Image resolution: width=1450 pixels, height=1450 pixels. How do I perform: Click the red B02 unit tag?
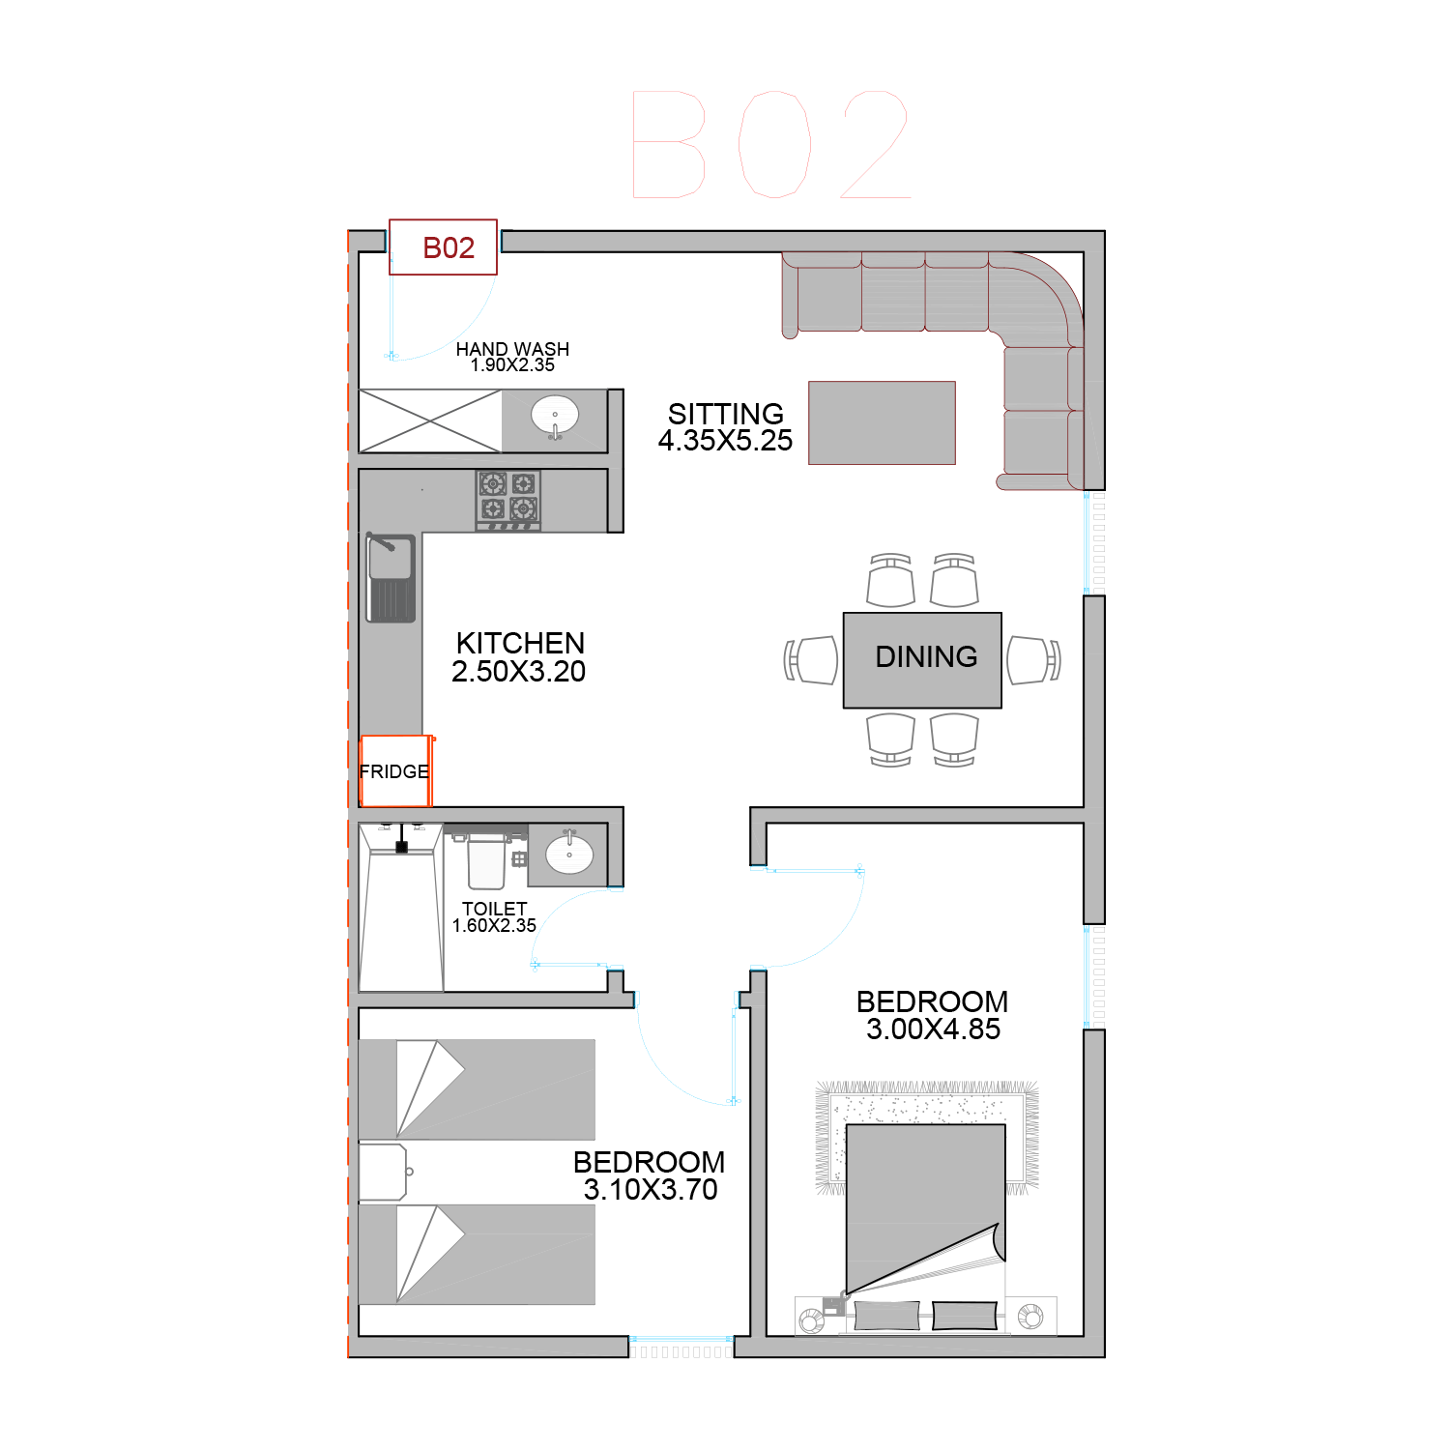point(443,247)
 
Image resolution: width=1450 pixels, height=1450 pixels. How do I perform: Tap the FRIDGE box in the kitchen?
point(396,771)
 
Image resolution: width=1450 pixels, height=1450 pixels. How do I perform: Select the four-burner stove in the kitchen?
point(508,500)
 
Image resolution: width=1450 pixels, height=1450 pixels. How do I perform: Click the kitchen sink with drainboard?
point(391,578)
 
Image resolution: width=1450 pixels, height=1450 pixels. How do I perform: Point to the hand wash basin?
point(555,418)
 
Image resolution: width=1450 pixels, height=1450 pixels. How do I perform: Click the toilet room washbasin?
point(569,853)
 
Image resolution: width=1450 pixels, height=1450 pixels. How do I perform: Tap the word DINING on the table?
point(926,657)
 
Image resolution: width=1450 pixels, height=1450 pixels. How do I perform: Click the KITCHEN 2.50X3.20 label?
point(519,657)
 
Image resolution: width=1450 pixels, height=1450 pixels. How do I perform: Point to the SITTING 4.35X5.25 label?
point(725,427)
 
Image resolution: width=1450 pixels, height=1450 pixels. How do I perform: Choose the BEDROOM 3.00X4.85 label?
point(933,1015)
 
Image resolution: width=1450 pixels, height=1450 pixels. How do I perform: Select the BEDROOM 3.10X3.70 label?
point(650,1175)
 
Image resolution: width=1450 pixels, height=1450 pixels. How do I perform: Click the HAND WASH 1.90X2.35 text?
point(512,357)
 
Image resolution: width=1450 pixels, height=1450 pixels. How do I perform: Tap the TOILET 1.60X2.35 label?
point(494,917)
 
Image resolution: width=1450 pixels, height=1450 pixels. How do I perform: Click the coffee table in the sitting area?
point(882,422)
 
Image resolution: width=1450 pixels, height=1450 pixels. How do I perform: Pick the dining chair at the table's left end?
point(811,660)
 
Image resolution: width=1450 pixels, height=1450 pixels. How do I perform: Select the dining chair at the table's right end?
point(1033,660)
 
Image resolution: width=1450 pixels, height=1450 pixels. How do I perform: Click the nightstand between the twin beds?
point(383,1172)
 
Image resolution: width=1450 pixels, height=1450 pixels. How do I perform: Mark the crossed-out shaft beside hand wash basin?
point(430,420)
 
